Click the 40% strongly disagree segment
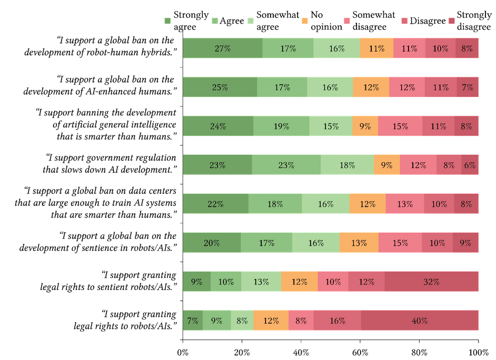[x=420, y=321]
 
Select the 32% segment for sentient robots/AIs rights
[x=431, y=282]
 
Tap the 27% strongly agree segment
[x=222, y=48]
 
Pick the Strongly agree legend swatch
[x=168, y=21]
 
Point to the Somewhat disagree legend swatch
[x=346, y=21]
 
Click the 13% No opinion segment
[x=359, y=243]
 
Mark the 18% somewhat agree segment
[x=347, y=165]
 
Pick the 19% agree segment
[x=281, y=126]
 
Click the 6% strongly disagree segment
[x=470, y=165]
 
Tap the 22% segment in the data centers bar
[x=215, y=204]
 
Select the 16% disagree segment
[x=337, y=321]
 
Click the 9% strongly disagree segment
[x=465, y=243]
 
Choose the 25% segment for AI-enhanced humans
[x=220, y=87]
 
